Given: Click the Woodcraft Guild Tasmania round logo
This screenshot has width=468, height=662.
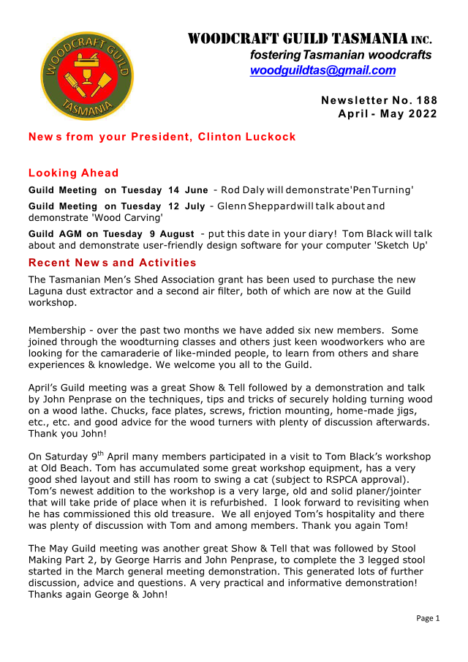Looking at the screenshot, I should tap(87, 75).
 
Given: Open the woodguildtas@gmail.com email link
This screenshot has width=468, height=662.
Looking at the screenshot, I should tap(322, 70).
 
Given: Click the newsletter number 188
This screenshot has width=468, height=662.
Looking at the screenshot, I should tap(424, 99).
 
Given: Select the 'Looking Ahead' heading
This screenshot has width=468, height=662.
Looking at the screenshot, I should tap(73, 173).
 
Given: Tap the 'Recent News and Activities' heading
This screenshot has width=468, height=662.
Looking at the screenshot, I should tap(112, 263).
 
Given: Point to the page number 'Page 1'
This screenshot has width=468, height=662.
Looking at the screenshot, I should tap(428, 618).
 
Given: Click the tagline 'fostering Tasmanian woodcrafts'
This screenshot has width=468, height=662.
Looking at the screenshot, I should tap(340, 55).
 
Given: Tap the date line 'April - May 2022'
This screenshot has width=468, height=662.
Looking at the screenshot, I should tap(388, 113).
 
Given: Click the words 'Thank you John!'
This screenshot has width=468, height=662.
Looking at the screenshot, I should tap(61, 432).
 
